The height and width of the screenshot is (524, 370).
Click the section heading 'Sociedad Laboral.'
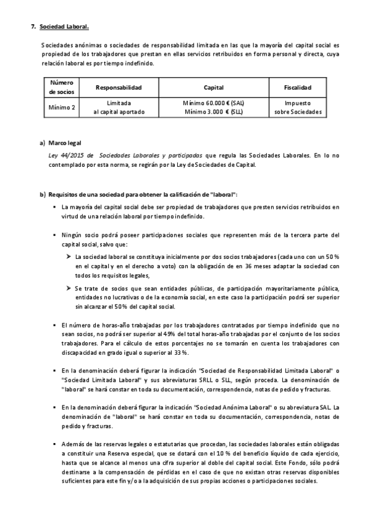click(64, 27)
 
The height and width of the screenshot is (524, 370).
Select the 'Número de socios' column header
click(61, 87)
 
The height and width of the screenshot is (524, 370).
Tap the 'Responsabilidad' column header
click(119, 88)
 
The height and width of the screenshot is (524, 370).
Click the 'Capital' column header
click(214, 88)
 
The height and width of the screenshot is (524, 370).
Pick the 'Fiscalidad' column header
click(298, 88)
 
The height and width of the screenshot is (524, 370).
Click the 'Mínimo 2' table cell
click(61, 108)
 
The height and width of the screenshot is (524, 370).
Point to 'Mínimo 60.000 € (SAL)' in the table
click(214, 103)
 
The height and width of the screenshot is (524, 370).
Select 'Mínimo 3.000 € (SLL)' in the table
click(214, 112)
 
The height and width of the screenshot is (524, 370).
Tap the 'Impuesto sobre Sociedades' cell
click(298, 108)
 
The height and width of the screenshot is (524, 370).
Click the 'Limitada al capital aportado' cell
click(119, 108)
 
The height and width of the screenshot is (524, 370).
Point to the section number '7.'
click(33, 27)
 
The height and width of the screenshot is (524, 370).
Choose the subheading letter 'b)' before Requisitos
click(43, 195)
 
